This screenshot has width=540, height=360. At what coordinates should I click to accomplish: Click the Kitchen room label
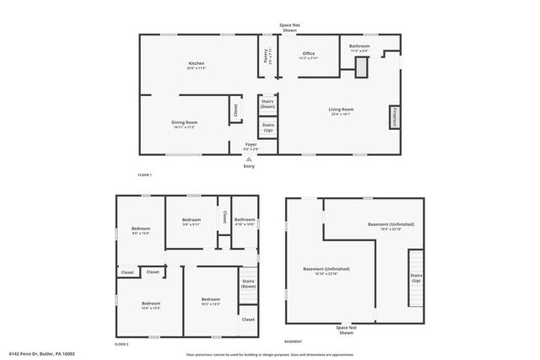[x=197, y=66]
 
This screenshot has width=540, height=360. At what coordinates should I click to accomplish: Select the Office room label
[x=309, y=56]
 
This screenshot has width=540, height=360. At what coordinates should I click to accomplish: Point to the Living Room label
[x=341, y=111]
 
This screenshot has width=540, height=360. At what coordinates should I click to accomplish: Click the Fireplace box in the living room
[x=393, y=116]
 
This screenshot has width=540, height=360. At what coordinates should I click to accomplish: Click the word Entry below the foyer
[x=249, y=166]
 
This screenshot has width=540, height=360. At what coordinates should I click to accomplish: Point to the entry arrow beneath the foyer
[x=249, y=158]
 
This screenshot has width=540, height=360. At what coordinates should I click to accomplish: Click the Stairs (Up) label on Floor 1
[x=267, y=128]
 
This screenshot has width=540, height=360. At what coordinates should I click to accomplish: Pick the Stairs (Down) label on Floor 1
[x=267, y=105]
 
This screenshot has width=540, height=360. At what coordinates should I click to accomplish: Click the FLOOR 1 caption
[x=144, y=175]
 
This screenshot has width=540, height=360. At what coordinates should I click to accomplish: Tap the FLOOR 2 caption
[x=121, y=344]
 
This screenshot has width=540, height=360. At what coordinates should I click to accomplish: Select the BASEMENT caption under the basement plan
[x=293, y=341]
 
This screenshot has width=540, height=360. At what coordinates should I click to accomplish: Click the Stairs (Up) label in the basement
[x=416, y=277]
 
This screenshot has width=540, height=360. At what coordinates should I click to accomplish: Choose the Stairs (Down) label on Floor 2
[x=248, y=283]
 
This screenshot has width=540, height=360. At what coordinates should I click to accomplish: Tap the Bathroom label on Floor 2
[x=245, y=222]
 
